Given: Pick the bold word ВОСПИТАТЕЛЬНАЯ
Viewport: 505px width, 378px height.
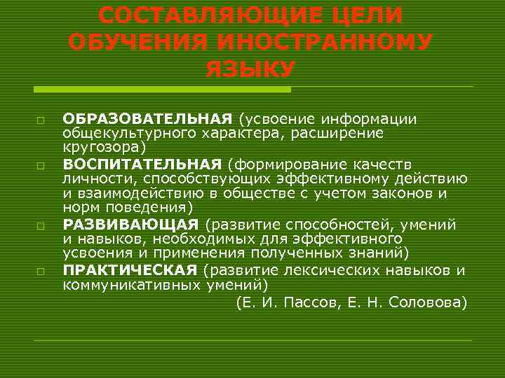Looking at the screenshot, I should (x=142, y=164).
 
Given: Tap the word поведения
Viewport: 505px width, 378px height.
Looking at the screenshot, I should (x=154, y=208).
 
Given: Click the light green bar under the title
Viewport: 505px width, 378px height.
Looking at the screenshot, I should (x=161, y=90).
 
